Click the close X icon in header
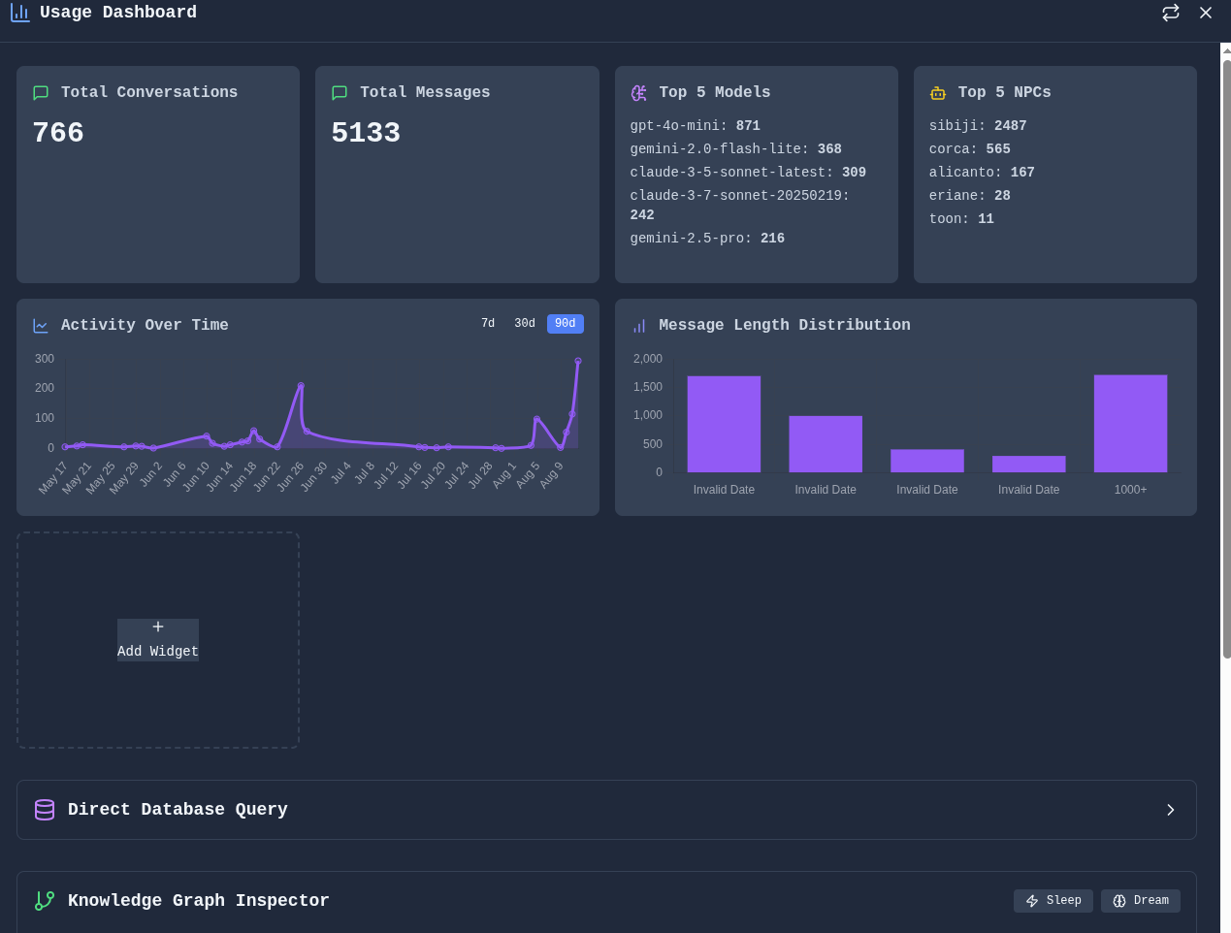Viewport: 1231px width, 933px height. pos(1206,13)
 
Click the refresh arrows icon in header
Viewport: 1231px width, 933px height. pos(1171,13)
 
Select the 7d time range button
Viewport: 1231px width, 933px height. pos(488,324)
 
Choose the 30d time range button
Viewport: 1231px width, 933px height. pos(525,324)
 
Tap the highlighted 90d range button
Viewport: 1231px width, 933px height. pos(565,324)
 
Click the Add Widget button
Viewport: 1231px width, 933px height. pos(158,640)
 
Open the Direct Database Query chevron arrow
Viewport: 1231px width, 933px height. pos(1171,810)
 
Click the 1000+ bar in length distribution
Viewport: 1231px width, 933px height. pos(1130,424)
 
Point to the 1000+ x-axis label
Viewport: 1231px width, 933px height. pos(1130,490)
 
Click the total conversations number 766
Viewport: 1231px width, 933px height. pos(58,133)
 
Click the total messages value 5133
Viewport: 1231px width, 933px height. pos(366,133)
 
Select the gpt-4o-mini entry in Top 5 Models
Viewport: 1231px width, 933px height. pos(695,126)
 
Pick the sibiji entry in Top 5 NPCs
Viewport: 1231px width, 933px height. pos(977,126)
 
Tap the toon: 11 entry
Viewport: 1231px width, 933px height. pos(961,219)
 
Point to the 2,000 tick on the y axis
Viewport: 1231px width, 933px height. pos(648,359)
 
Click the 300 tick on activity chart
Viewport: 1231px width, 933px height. pos(45,359)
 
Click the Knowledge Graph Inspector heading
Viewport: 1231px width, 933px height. pos(198,901)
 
